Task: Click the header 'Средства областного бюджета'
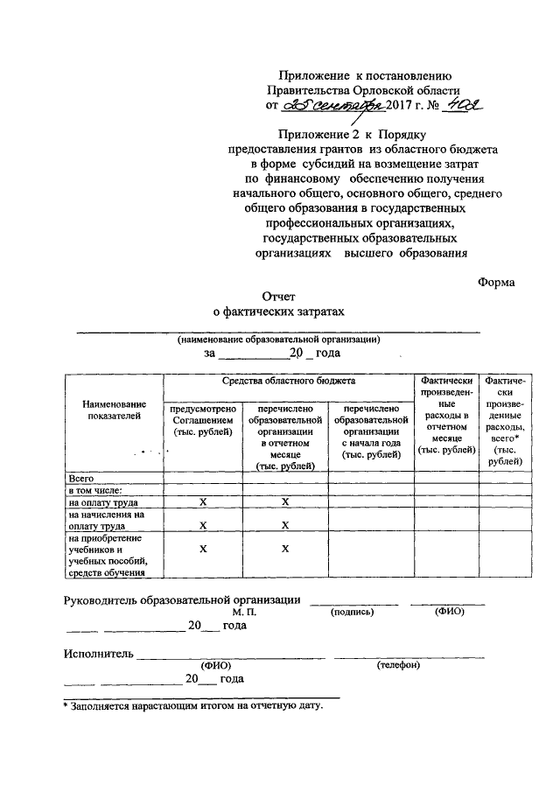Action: (x=288, y=382)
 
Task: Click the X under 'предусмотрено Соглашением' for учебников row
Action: (x=203, y=548)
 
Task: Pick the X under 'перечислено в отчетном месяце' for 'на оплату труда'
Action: (x=285, y=503)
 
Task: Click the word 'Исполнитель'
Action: (x=98, y=653)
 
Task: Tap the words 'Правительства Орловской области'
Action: (x=363, y=90)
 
